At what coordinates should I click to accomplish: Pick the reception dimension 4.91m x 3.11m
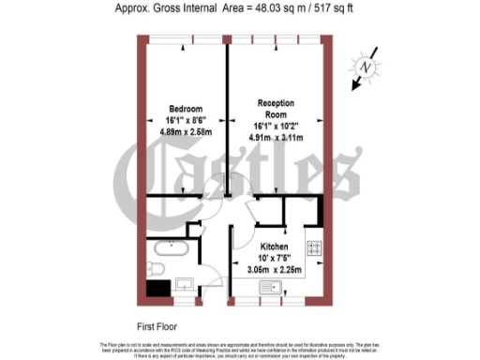278,137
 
